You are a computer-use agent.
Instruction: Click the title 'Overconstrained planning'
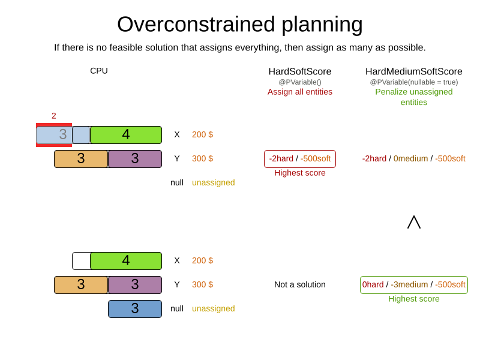(239, 25)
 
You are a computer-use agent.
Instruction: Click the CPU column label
(99, 71)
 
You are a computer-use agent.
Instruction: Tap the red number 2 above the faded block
(54, 116)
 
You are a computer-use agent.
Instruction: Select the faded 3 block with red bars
(54, 135)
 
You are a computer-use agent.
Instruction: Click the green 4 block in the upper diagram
(126, 135)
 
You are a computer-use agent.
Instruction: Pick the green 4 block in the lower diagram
(126, 261)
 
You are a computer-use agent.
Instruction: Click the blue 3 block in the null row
(135, 309)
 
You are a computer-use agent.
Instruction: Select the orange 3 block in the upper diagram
(81, 159)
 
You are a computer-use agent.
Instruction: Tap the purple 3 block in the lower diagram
(135, 285)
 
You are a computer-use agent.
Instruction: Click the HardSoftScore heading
(300, 71)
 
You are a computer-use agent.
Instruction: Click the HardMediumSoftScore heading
(414, 71)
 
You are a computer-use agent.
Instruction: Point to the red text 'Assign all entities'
(300, 92)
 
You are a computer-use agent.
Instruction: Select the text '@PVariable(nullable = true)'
(414, 82)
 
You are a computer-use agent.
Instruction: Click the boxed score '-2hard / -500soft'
(300, 159)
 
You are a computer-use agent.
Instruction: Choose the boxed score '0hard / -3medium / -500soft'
(414, 285)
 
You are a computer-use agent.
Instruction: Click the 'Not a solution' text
(300, 285)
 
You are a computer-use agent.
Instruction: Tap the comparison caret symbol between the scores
(414, 223)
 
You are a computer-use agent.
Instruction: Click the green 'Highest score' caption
(414, 299)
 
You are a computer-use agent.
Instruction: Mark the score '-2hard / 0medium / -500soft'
(414, 159)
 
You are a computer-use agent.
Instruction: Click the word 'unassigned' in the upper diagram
(213, 182)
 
